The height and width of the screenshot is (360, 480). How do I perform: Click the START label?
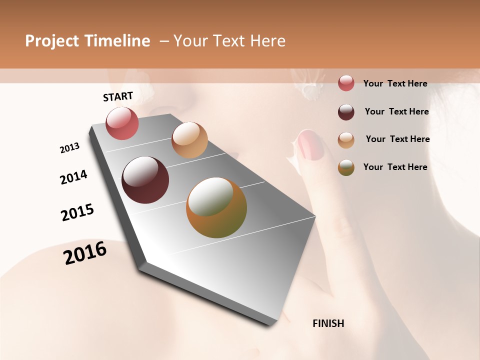point(118,96)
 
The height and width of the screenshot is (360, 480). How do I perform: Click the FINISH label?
point(328,323)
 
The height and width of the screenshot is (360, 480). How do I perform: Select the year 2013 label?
point(69,148)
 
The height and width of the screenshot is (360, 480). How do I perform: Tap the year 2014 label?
point(74,177)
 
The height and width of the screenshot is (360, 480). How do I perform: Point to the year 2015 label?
point(77,212)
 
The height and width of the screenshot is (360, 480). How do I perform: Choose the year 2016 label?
point(85,253)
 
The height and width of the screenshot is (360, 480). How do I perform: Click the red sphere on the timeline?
point(122,123)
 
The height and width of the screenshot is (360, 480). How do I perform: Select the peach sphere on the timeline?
point(189,140)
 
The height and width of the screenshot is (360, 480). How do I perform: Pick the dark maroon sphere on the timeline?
point(145,180)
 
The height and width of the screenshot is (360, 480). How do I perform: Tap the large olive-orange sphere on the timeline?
point(216,207)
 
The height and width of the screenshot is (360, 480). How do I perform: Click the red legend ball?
point(346,83)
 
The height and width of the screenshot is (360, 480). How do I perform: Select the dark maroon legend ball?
point(346,111)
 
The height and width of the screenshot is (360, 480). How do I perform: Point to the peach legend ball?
point(346,139)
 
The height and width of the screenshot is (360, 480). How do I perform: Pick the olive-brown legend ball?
point(346,167)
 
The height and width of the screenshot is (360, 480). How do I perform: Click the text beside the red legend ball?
point(395,83)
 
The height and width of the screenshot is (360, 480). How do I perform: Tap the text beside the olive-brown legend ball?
point(395,167)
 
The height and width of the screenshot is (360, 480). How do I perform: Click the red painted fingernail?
point(311,145)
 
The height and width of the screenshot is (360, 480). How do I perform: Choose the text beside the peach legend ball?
point(397,139)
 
